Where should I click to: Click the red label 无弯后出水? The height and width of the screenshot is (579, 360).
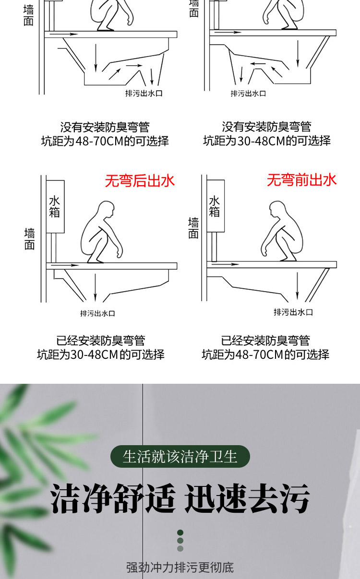tap(140, 181)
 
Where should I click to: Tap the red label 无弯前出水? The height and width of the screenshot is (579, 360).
tap(301, 180)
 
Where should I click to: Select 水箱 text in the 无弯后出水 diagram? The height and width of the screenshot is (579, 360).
tap(55, 206)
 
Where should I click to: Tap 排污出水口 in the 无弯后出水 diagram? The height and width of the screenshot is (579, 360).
tap(97, 314)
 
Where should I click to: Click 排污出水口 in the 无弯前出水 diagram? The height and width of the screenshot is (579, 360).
tap(293, 312)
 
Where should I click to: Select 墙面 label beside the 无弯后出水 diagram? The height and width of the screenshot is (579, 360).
tap(29, 239)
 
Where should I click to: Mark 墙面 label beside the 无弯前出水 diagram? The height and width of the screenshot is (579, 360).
tap(193, 228)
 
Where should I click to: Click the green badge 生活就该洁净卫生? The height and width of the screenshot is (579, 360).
tap(180, 457)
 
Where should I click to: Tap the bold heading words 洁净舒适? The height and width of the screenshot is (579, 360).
tap(113, 498)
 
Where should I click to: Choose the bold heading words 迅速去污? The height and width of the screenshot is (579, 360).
tap(247, 498)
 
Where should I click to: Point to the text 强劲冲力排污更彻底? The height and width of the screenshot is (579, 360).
tap(180, 567)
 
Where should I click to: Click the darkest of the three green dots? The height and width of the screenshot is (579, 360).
tap(180, 532)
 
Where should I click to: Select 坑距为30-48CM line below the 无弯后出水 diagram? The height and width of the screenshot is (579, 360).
tap(101, 354)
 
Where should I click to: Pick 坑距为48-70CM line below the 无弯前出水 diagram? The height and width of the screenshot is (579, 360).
tap(265, 354)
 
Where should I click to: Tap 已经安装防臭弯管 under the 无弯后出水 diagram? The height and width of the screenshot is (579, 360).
tap(101, 341)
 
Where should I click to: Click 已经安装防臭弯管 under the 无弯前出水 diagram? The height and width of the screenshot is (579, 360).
tap(265, 341)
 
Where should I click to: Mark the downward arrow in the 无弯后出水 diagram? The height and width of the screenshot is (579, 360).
tap(96, 288)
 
